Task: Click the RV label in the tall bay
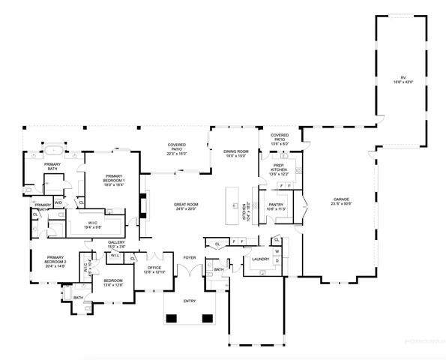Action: (x=403, y=77)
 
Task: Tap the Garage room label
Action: (x=341, y=199)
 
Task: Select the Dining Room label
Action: (x=236, y=152)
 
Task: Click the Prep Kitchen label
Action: (x=279, y=167)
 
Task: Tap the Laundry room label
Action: (x=261, y=259)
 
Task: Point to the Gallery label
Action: (x=115, y=243)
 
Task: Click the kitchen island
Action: (x=237, y=208)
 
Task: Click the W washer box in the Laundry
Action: (x=277, y=251)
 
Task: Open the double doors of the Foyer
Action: (x=190, y=271)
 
